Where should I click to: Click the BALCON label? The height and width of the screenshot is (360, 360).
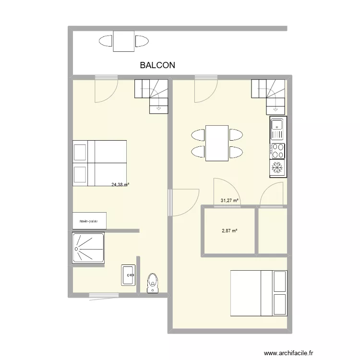click(157, 65)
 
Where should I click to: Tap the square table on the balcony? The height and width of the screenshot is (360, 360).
click(124, 41)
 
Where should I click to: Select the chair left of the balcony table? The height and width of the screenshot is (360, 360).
click(105, 41)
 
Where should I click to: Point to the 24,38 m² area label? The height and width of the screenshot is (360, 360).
click(120, 184)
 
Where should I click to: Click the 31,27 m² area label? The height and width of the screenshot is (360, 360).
click(229, 201)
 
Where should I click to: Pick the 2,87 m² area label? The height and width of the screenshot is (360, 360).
click(229, 231)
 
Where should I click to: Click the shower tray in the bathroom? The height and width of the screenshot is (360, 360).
click(88, 248)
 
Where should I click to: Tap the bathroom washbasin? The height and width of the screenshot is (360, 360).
click(129, 275)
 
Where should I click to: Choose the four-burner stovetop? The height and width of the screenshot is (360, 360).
click(277, 150)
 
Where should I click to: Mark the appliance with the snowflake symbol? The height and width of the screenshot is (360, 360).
click(277, 168)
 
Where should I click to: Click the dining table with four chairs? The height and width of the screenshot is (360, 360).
click(216, 143)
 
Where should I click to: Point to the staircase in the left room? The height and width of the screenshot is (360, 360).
click(152, 96)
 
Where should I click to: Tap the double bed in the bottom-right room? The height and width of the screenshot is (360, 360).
click(259, 293)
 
